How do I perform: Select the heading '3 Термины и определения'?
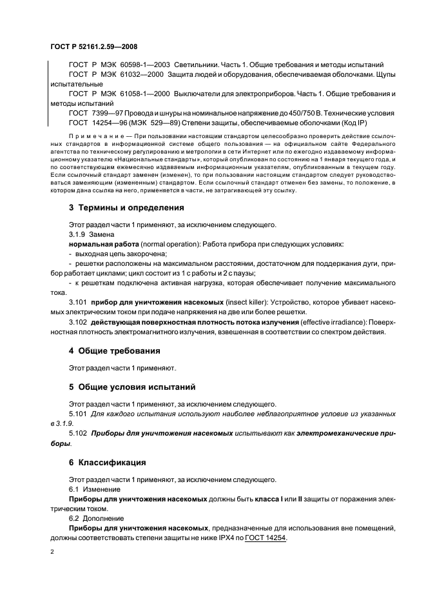tap(126, 208)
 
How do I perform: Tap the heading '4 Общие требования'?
tap(115, 351)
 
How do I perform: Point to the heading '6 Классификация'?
tap(107, 463)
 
